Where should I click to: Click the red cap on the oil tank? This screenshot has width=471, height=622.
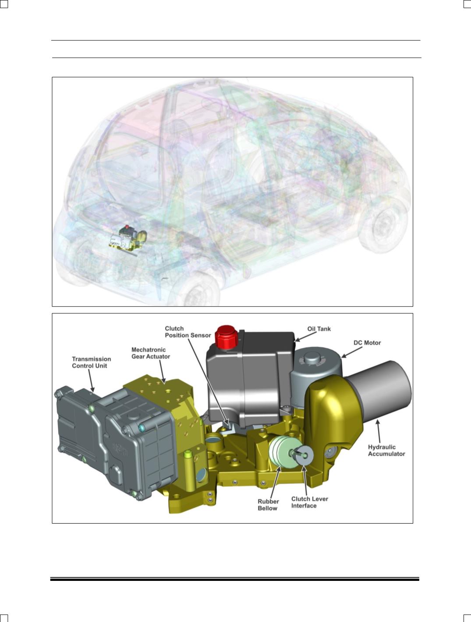pyautogui.click(x=227, y=336)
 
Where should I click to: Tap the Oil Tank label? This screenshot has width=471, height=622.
pyautogui.click(x=319, y=328)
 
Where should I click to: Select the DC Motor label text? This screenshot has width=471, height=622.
pyautogui.click(x=367, y=342)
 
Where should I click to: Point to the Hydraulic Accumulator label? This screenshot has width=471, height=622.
pyautogui.click(x=386, y=450)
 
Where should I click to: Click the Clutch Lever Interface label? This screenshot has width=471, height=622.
pyautogui.click(x=310, y=502)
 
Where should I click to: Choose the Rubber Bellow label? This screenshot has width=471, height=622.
pyautogui.click(x=268, y=505)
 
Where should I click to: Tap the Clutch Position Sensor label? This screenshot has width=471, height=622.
pyautogui.click(x=188, y=332)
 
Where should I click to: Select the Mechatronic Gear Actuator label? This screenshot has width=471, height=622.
pyautogui.click(x=151, y=353)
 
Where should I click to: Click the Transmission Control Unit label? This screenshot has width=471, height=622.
pyautogui.click(x=92, y=363)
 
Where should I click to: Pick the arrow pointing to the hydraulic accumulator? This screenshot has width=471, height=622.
pyautogui.click(x=379, y=431)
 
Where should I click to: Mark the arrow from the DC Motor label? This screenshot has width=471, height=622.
pyautogui.click(x=351, y=352)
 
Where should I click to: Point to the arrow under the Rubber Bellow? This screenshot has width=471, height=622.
pyautogui.click(x=276, y=481)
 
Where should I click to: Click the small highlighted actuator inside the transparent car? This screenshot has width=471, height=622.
pyautogui.click(x=128, y=238)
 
